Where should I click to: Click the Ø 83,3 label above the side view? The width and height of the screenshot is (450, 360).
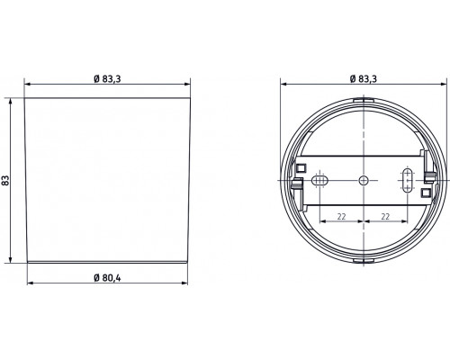tap(107, 80)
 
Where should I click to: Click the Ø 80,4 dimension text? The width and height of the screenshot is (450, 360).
tap(107, 275)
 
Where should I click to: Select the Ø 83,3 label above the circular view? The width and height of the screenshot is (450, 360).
tap(363, 80)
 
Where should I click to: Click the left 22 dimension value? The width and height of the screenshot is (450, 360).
tap(342, 217)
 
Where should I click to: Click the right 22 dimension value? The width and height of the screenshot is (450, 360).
tap(384, 217)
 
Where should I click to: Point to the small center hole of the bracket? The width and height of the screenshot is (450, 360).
tap(363, 180)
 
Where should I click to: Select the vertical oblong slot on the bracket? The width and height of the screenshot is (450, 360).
tap(406, 178)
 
